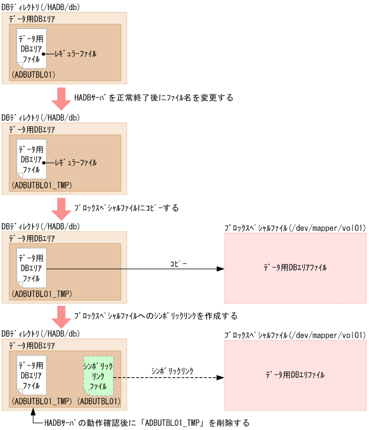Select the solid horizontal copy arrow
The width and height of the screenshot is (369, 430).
(x=136, y=269)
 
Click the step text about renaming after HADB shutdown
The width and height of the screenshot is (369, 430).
(x=154, y=97)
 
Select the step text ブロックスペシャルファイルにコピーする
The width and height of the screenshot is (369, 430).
(x=126, y=209)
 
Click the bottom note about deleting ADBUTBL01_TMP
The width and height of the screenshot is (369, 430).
(x=147, y=423)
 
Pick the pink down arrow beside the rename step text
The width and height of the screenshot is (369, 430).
(x=61, y=98)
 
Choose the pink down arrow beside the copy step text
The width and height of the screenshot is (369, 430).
(x=61, y=209)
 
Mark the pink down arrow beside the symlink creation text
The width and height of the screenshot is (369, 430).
(x=61, y=317)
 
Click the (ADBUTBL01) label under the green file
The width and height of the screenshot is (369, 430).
(x=99, y=402)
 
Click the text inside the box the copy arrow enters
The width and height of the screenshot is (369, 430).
(x=295, y=268)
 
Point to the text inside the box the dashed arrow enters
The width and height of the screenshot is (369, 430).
(x=295, y=375)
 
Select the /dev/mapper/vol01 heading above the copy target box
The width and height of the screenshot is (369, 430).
(x=295, y=227)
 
